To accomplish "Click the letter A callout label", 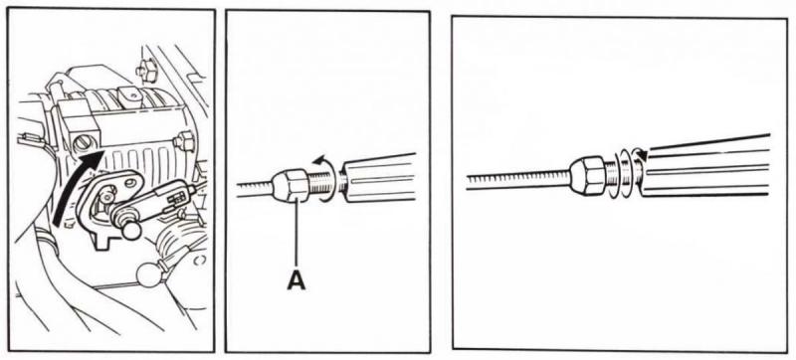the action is [x=297, y=279].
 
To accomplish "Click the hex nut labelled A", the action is [x=291, y=185].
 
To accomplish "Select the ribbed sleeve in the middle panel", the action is [x=380, y=177].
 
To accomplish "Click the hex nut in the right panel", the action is [x=587, y=175].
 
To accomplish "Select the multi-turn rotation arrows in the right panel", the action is [x=628, y=173].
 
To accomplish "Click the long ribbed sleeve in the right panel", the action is [x=705, y=165].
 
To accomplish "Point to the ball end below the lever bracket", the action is [x=131, y=231].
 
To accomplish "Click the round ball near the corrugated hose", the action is [x=147, y=274].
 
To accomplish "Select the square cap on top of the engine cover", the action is [x=128, y=94].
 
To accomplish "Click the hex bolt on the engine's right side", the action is [x=185, y=141].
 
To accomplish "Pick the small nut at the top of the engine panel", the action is [x=147, y=71].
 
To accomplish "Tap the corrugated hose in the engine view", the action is [x=175, y=244].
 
